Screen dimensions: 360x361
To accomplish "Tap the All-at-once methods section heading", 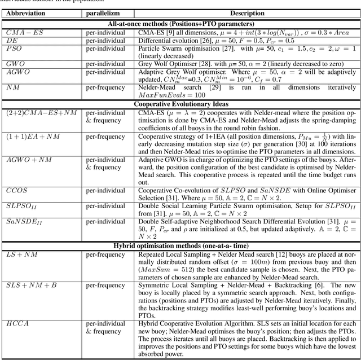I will click(180, 23).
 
